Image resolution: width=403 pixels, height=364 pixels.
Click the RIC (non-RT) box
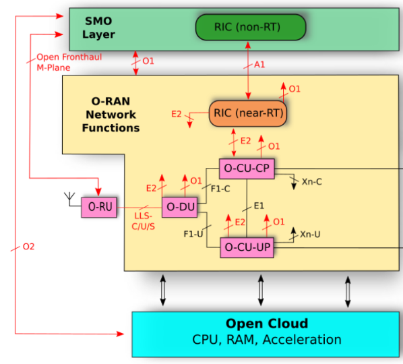251,27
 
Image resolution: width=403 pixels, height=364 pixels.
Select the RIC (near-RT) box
248,113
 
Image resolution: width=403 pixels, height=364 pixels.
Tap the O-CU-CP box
247,169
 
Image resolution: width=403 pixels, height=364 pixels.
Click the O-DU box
180,207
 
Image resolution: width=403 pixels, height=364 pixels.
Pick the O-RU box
99,207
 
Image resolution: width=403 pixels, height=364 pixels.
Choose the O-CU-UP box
247,247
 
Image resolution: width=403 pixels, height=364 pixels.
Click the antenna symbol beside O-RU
69,199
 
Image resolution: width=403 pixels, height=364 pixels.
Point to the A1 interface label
259,65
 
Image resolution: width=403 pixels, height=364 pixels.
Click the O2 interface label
28,247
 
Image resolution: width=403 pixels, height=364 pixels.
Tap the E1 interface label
259,206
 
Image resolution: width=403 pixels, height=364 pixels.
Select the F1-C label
220,189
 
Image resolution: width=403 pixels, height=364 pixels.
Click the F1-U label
193,234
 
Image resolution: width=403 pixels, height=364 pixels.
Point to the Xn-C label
312,182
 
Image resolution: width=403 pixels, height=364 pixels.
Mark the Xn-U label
310,235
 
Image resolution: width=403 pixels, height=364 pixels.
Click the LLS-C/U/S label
143,221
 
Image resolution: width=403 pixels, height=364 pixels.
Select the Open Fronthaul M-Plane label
69,62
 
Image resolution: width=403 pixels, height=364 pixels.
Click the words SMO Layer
98,28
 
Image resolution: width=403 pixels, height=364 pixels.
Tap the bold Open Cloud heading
267,324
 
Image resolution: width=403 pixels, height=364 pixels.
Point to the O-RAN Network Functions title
111,115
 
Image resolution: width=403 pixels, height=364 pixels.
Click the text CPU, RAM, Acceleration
267,340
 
